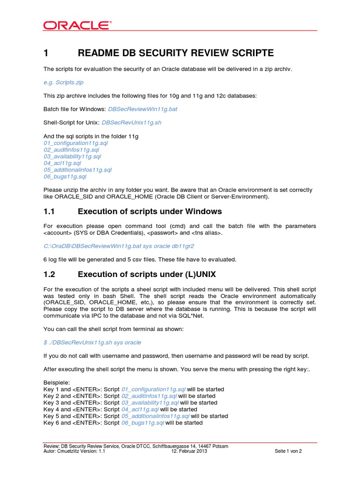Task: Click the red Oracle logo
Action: click(x=78, y=25)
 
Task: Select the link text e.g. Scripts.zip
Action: click(x=63, y=82)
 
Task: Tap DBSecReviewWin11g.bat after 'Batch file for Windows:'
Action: click(x=142, y=109)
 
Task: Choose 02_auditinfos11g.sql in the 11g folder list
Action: click(x=71, y=150)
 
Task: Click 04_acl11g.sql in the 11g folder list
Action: click(x=62, y=163)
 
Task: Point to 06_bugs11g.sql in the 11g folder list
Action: click(x=65, y=177)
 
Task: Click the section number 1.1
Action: click(x=50, y=211)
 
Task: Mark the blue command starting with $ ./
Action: click(x=92, y=342)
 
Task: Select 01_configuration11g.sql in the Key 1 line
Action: click(x=153, y=389)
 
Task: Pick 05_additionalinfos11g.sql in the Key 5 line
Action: click(x=155, y=416)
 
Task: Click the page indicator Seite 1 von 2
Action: click(x=288, y=451)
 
